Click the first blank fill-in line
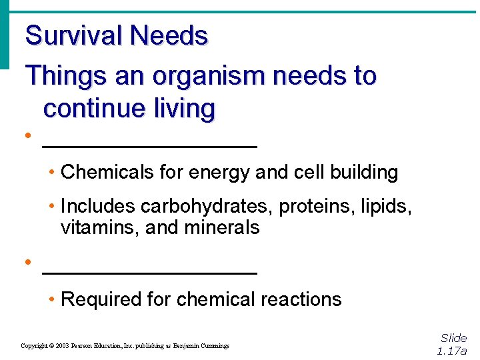click(149, 145)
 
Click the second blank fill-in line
click(149, 272)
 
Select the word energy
click(220, 173)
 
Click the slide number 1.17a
click(452, 351)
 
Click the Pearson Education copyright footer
click(125, 346)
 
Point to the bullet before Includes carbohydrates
click(52, 207)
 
